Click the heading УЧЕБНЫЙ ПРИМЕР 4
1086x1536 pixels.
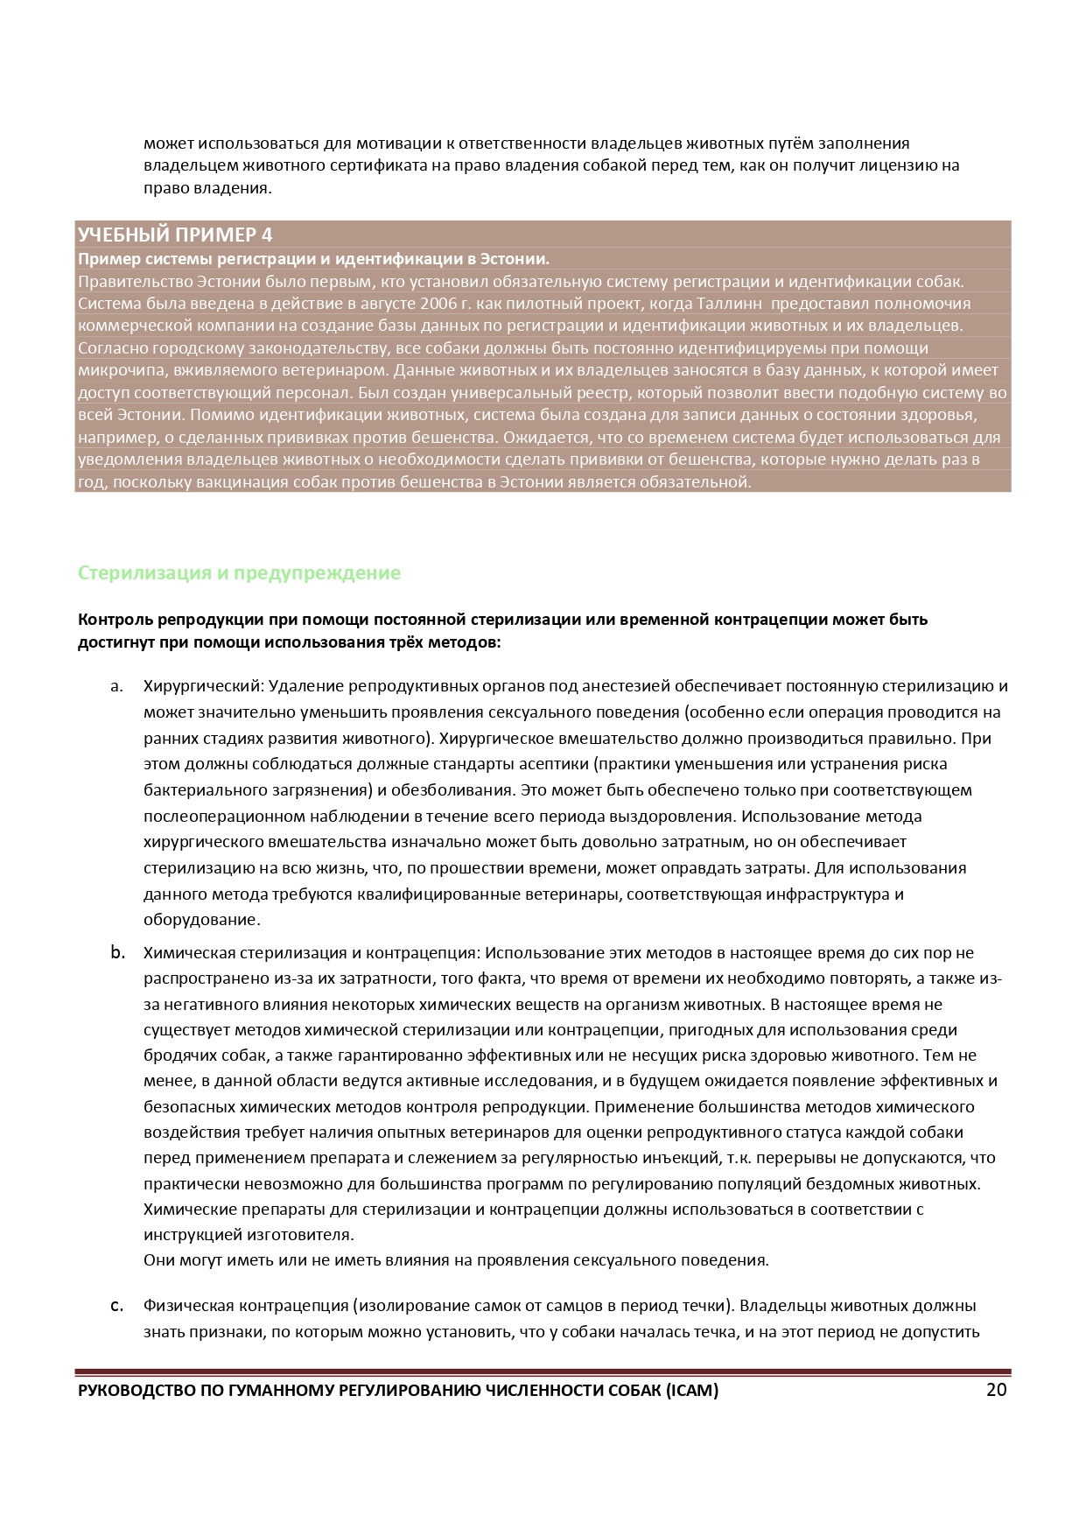[x=175, y=235]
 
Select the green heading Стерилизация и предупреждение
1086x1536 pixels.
[x=239, y=573]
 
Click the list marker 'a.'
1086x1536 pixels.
[x=116, y=686]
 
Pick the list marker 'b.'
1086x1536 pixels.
[x=117, y=952]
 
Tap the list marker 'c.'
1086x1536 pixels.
[x=116, y=1306]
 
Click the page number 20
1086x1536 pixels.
[x=996, y=1390]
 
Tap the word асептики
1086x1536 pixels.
[x=554, y=764]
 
